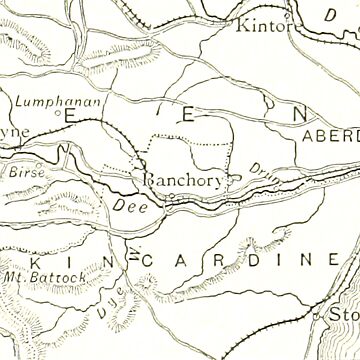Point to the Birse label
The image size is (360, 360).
point(22,171)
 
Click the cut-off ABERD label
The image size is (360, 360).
point(330,138)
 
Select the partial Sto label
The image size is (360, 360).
point(345,317)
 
